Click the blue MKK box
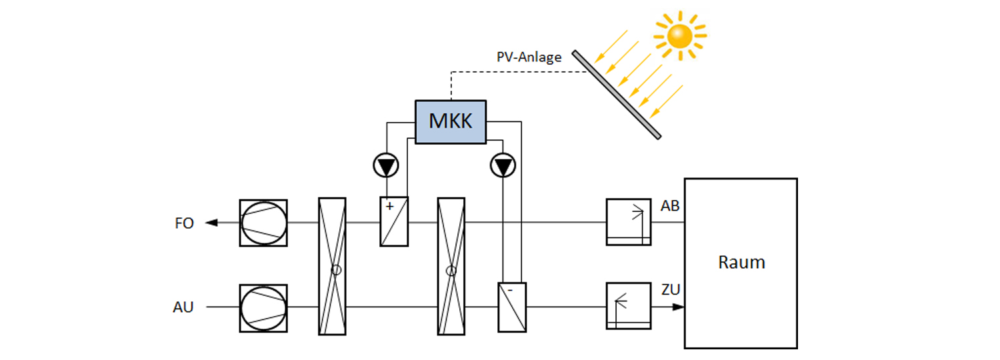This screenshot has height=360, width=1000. [451, 121]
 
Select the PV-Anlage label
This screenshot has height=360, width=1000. [529, 57]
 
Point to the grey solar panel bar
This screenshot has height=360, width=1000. [616, 94]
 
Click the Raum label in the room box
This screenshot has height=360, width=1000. [741, 262]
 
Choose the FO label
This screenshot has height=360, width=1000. [184, 223]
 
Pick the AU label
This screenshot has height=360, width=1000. [183, 307]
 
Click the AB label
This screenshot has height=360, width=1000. [670, 206]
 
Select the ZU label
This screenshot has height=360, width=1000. [670, 290]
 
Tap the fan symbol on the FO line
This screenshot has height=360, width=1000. [263, 223]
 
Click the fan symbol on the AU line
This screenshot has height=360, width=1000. [263, 307]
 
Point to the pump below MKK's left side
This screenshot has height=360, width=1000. [385, 165]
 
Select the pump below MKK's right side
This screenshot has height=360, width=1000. [501, 165]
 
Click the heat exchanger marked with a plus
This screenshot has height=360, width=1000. [394, 221]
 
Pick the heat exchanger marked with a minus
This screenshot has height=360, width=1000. [512, 307]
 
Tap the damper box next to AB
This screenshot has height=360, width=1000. [628, 222]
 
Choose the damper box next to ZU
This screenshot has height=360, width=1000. [628, 306]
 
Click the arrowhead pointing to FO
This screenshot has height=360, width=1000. [211, 223]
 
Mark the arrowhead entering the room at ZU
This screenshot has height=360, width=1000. [678, 307]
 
